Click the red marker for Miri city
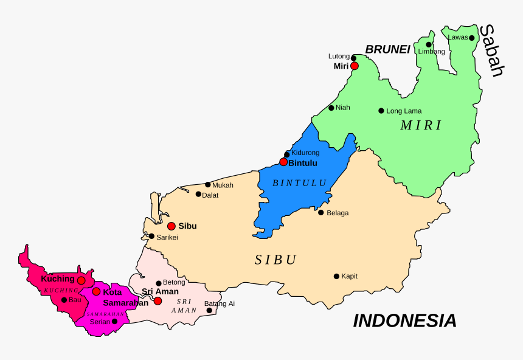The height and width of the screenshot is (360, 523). point(355,66)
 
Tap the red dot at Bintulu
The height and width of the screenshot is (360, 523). point(283,162)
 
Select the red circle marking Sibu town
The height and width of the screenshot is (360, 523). point(171,226)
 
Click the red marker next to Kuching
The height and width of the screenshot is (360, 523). point(81,280)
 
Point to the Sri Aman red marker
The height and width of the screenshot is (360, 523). point(158,300)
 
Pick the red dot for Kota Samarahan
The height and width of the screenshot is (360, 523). point(96,291)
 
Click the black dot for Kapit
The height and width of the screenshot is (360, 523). point(336,276)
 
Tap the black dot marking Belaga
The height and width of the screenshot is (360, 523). point(321,212)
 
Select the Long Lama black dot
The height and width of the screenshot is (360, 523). point(381,111)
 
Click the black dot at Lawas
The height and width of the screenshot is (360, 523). point(471,38)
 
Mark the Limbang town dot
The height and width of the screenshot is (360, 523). point(429,44)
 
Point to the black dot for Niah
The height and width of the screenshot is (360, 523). point(331,108)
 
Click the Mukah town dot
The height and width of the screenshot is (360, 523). point(208,185)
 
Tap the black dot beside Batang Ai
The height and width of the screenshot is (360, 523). point(209,310)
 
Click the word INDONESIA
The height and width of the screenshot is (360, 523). point(404,320)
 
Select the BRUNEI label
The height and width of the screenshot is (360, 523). point(387,50)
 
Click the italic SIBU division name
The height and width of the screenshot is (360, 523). point(275,260)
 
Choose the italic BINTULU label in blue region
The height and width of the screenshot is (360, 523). point(299,182)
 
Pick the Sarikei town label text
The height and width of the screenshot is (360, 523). point(167,237)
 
